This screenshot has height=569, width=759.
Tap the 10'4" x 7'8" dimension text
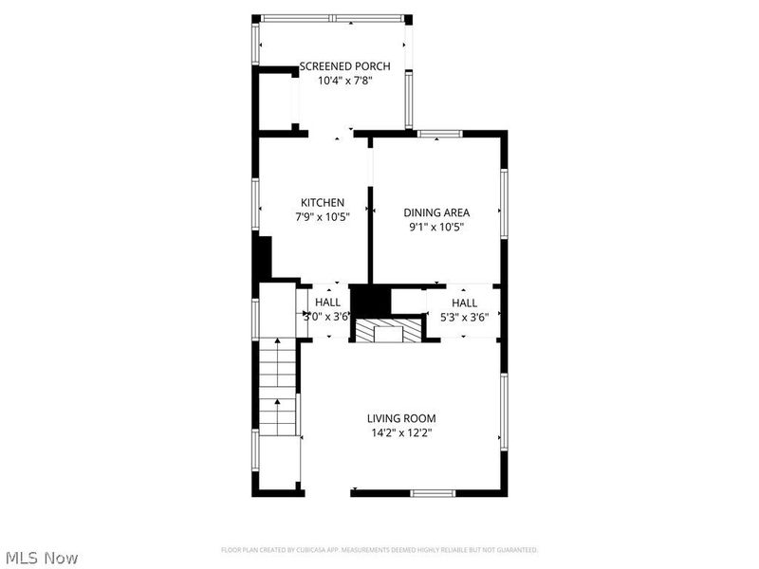pyautogui.click(x=331, y=81)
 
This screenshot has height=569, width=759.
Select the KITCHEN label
pyautogui.click(x=322, y=202)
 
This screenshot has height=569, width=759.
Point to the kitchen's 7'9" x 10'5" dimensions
pyautogui.click(x=322, y=217)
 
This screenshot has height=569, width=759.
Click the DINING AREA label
pyautogui.click(x=436, y=212)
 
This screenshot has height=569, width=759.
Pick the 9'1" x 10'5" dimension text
pyautogui.click(x=436, y=227)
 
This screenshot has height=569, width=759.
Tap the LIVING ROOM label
pyautogui.click(x=402, y=417)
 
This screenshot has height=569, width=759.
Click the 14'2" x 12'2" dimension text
pyautogui.click(x=402, y=432)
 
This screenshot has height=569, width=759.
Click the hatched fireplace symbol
pyautogui.click(x=387, y=331)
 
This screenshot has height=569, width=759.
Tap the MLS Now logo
pyautogui.click(x=41, y=558)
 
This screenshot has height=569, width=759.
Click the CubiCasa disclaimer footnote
pyautogui.click(x=379, y=550)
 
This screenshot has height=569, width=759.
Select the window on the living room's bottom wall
pyautogui.click(x=433, y=492)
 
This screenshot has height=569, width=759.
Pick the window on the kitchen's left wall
pyautogui.click(x=255, y=203)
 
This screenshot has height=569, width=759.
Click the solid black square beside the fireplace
pyautogui.click(x=370, y=301)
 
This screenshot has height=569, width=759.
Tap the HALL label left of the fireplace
pyautogui.click(x=327, y=303)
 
